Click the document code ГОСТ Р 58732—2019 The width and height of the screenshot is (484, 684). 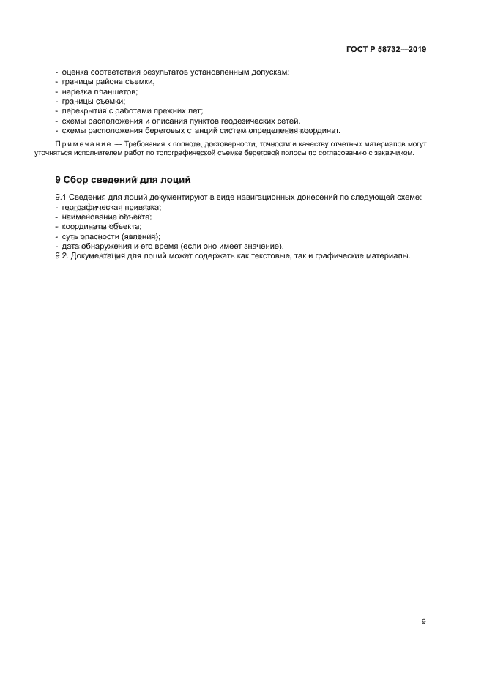click(x=386, y=50)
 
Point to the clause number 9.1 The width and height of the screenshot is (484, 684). click(x=62, y=198)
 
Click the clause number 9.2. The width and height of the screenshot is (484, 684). click(x=63, y=255)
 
